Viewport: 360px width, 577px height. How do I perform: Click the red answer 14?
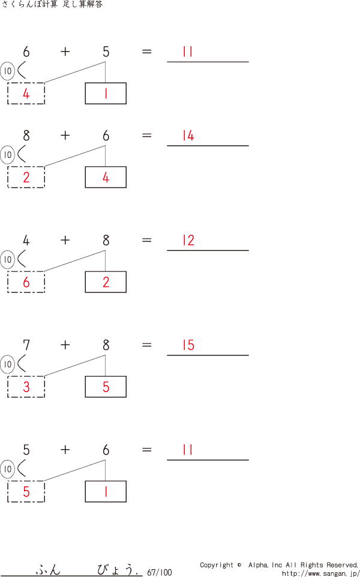click(x=188, y=136)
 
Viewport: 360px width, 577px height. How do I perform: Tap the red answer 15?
click(x=188, y=345)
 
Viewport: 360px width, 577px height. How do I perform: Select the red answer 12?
click(x=188, y=241)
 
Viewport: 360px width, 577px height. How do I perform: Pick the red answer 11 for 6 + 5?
click(x=188, y=52)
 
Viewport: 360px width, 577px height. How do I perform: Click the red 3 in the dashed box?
click(x=26, y=387)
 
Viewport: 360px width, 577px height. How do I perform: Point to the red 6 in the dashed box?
click(x=26, y=282)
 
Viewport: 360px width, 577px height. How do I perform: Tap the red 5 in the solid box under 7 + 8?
click(x=106, y=387)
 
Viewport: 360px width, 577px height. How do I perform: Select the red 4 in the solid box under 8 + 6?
click(x=106, y=178)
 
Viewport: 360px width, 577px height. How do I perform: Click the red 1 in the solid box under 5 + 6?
click(x=106, y=492)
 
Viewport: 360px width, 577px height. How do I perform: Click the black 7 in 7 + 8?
click(x=26, y=345)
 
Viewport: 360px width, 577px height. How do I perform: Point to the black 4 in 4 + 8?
click(x=26, y=241)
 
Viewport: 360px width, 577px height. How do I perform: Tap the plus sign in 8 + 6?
click(x=65, y=136)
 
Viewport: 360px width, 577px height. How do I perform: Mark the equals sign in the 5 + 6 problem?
click(x=146, y=450)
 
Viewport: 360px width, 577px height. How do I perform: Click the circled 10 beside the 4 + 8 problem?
click(x=7, y=260)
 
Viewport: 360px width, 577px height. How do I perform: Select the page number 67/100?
click(x=159, y=573)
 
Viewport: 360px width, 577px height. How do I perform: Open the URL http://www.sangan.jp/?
click(x=320, y=573)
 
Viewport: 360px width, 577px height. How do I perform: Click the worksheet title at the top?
click(x=52, y=5)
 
